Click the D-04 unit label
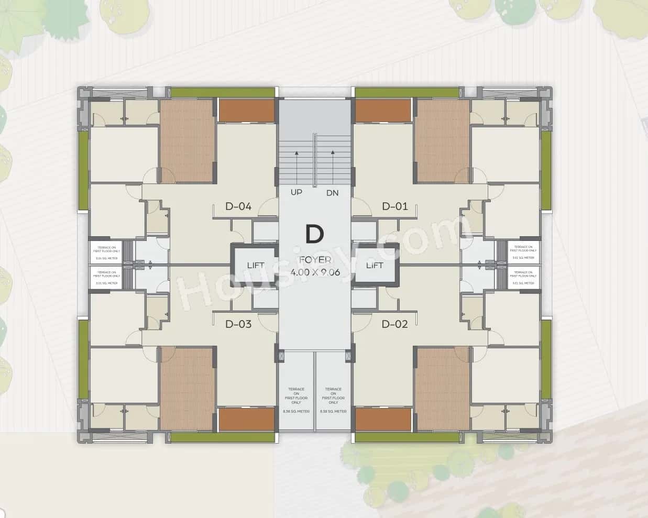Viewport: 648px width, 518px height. point(238,206)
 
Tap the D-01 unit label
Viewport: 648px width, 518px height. point(394,206)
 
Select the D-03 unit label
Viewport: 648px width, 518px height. point(238,324)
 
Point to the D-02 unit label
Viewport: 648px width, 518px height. point(394,324)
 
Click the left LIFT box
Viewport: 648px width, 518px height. point(256,266)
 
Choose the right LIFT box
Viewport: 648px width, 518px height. point(375,266)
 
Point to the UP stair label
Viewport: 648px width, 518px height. point(296,193)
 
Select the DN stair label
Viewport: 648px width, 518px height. point(333,193)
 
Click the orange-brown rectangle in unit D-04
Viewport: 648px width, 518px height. point(246,110)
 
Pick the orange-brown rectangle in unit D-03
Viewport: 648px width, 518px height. point(246,419)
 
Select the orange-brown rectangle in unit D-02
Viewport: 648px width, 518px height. point(383,419)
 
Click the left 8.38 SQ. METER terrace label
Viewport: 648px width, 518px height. point(296,412)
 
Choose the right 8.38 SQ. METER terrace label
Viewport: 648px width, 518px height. point(333,412)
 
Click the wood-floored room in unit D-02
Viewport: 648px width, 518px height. point(443,388)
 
